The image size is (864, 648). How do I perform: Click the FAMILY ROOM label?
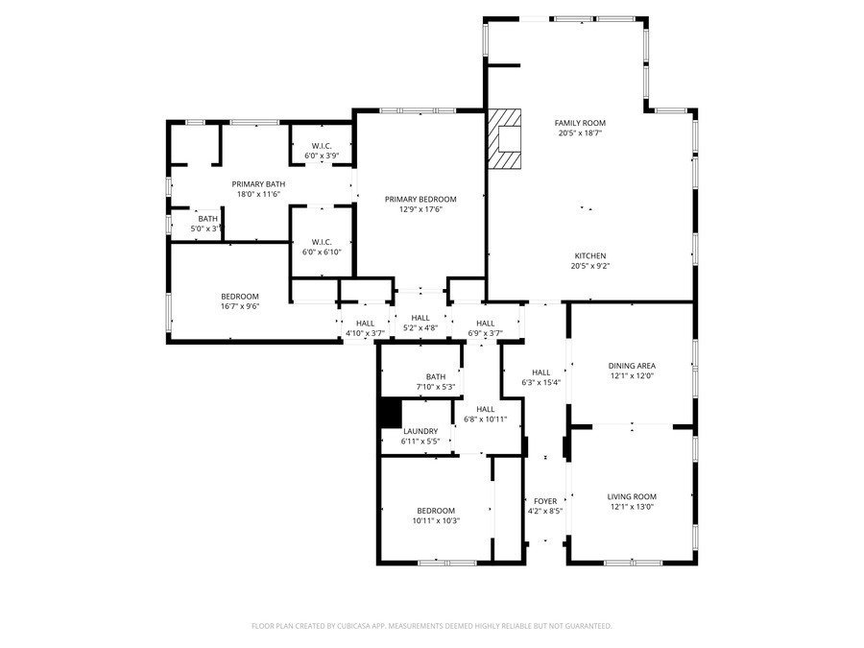pyautogui.click(x=580, y=123)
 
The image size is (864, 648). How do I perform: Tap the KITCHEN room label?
pyautogui.click(x=589, y=255)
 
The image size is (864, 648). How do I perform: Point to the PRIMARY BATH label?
pyautogui.click(x=258, y=183)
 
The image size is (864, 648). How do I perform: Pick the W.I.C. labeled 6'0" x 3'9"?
pyautogui.click(x=321, y=146)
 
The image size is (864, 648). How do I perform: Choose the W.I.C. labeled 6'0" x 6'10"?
pyautogui.click(x=321, y=242)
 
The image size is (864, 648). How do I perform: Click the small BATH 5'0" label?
pyautogui.click(x=208, y=219)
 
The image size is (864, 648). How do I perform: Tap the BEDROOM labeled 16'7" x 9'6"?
pyautogui.click(x=240, y=296)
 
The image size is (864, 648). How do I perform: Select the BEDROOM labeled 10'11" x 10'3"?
pyautogui.click(x=436, y=511)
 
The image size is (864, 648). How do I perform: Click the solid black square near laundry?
pyautogui.click(x=390, y=413)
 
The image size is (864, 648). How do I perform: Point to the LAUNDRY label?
pyautogui.click(x=420, y=431)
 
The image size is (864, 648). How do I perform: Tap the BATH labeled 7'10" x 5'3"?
pyautogui.click(x=436, y=376)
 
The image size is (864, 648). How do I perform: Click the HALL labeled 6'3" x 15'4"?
pyautogui.click(x=541, y=372)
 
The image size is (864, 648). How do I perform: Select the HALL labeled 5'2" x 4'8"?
pyautogui.click(x=420, y=318)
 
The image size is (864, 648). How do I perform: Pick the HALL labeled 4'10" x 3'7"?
pyautogui.click(x=365, y=324)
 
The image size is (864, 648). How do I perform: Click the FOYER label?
pyautogui.click(x=545, y=501)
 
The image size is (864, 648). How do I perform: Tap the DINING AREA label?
pyautogui.click(x=632, y=366)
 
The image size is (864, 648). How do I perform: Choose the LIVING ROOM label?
pyautogui.click(x=632, y=496)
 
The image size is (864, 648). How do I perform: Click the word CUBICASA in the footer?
pyautogui.click(x=357, y=626)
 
